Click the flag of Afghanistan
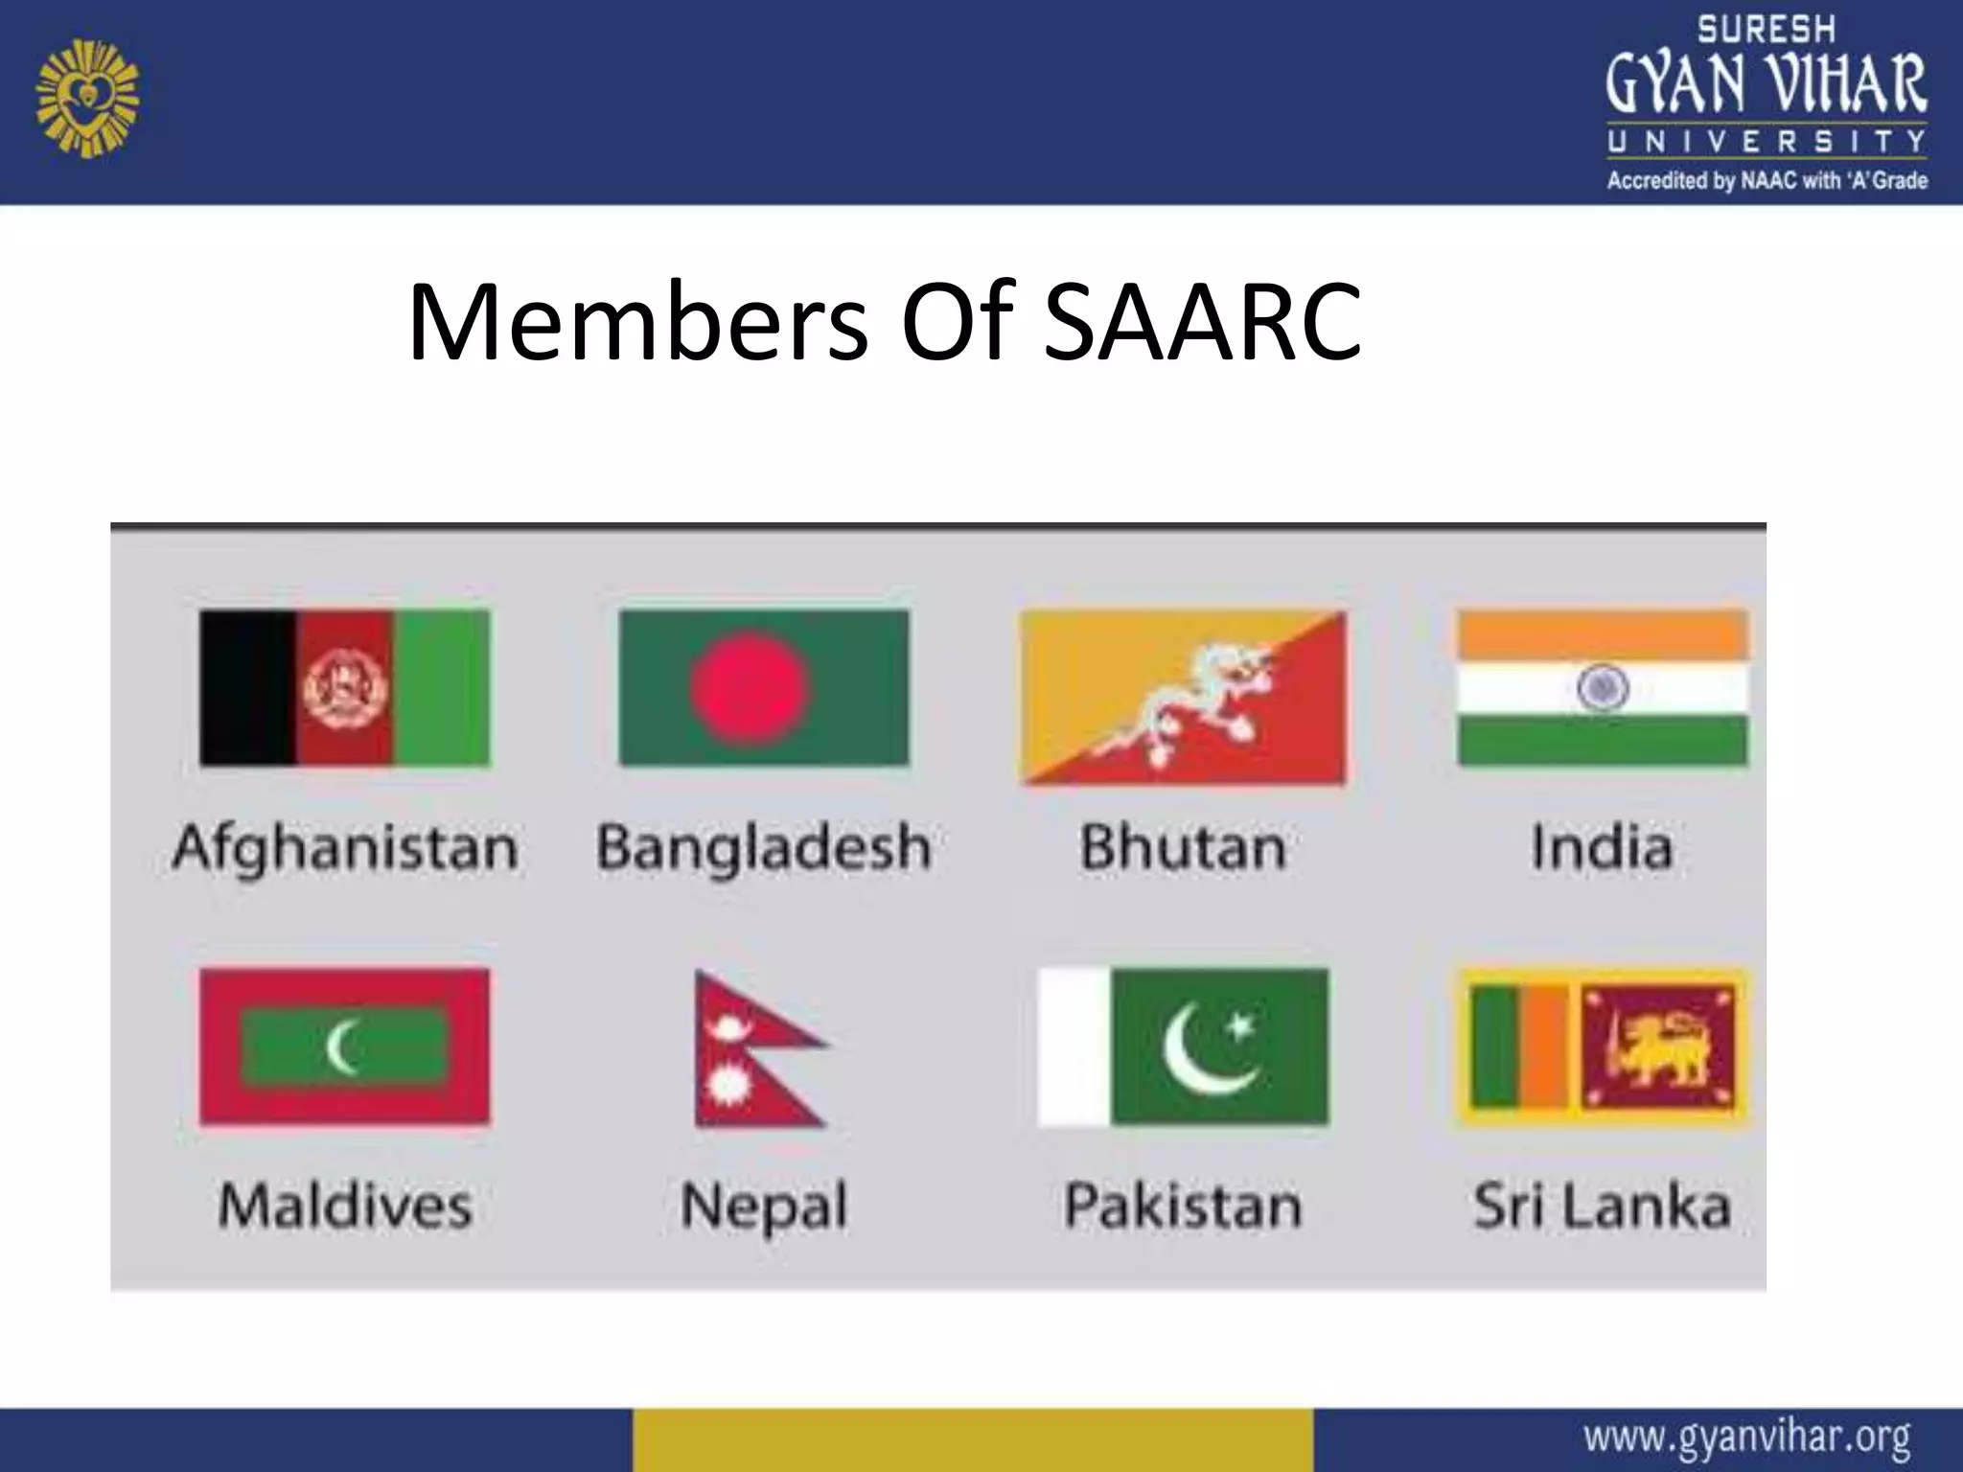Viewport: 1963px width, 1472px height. click(x=344, y=687)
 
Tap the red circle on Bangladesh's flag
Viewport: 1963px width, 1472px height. click(x=750, y=687)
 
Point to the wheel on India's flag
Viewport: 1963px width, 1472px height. click(x=1603, y=687)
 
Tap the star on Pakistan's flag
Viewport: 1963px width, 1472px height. click(x=1240, y=1027)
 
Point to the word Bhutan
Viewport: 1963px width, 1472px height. click(x=1183, y=848)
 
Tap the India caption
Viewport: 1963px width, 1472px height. click(x=1602, y=848)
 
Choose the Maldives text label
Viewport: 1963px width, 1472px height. click(x=345, y=1206)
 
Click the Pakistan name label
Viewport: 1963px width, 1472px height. click(x=1183, y=1206)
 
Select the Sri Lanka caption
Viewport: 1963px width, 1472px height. click(x=1602, y=1206)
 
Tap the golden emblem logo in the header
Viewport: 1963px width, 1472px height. click(x=87, y=97)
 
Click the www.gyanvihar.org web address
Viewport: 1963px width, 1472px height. click(x=1746, y=1437)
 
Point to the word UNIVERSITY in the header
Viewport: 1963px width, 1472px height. click(x=1767, y=142)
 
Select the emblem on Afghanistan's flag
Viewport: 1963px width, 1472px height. click(x=344, y=687)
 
